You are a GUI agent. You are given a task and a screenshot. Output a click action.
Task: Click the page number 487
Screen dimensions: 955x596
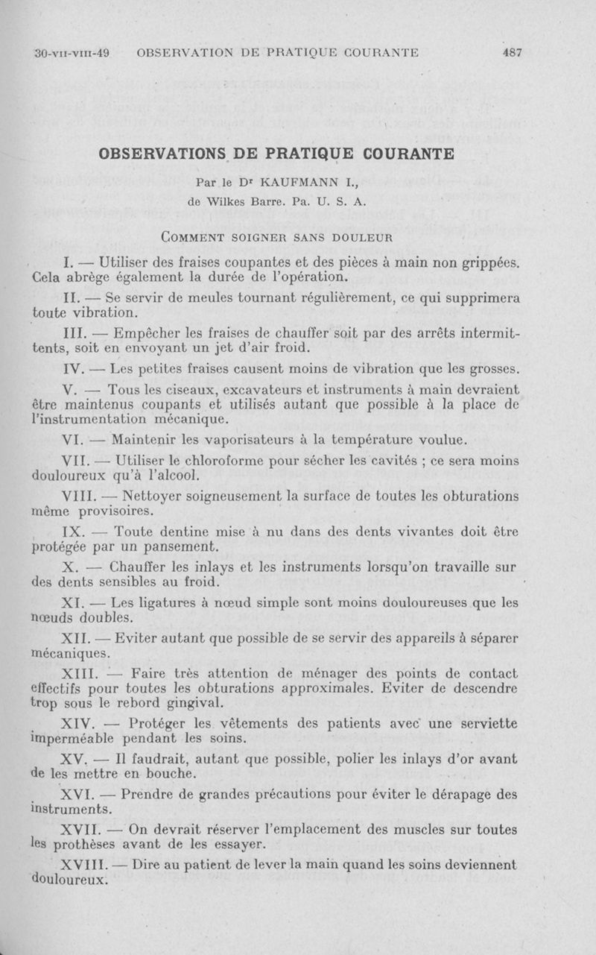tap(512, 52)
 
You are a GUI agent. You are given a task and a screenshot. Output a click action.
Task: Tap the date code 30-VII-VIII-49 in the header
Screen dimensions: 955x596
tap(72, 52)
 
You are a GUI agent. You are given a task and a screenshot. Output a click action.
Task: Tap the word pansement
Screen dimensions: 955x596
tap(177, 546)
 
